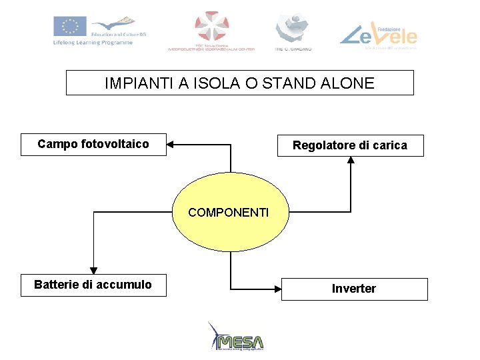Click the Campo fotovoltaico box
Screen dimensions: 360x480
93,144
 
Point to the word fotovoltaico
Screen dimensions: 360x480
115,144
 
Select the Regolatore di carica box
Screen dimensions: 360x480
350,145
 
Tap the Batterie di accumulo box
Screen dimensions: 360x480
93,285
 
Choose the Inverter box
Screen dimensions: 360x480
354,289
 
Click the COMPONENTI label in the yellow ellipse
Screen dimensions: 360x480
229,213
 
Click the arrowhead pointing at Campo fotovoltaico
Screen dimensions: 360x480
171,143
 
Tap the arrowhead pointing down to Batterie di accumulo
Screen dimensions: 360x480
93,269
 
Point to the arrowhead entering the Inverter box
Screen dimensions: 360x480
277,289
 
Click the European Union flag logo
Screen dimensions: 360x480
69,27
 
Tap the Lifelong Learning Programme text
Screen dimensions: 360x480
93,43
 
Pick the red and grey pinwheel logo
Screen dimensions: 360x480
211,27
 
